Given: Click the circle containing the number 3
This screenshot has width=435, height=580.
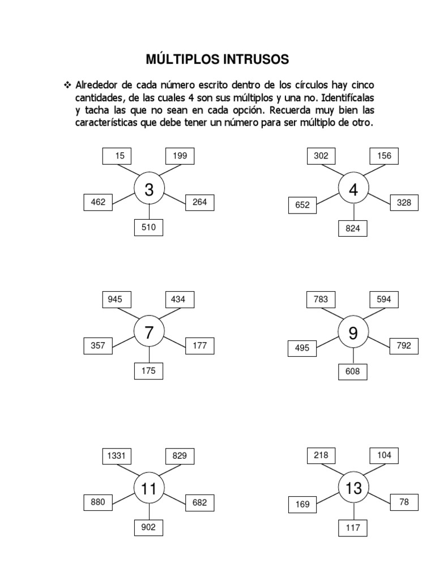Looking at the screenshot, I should tap(149, 190).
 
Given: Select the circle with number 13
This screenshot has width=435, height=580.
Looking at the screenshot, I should tap(353, 488).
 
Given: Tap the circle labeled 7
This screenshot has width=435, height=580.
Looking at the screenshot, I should tap(149, 332).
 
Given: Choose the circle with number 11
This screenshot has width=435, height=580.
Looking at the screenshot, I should tap(149, 488).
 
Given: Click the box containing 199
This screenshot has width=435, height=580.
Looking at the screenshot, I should tap(180, 156).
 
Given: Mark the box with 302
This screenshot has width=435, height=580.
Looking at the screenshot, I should tap(321, 156).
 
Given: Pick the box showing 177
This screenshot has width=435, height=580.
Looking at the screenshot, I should tap(200, 345).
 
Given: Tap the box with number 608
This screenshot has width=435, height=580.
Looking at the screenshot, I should tap(353, 372).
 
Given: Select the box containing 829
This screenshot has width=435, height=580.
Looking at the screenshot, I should tap(180, 455).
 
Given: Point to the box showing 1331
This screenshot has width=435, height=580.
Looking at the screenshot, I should tap(117, 455).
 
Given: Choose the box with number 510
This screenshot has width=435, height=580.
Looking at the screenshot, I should tap(148, 228).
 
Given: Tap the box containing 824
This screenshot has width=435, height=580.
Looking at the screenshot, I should tap(353, 229).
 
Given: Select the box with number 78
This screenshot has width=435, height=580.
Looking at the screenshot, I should tap(404, 502).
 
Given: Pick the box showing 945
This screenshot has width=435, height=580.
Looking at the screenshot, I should tap(117, 299).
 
